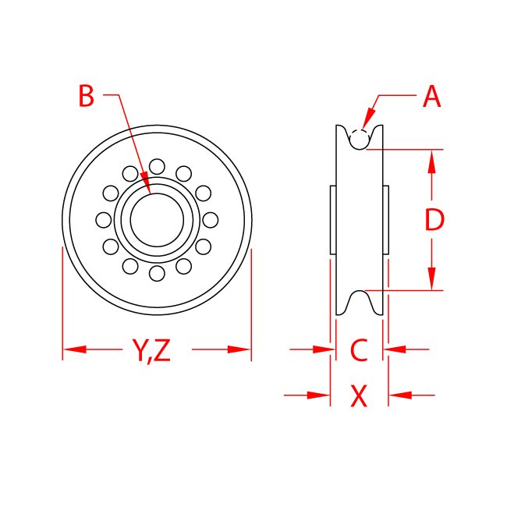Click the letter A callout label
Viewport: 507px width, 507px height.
coord(431,97)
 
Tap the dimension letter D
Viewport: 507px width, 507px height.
coord(434,221)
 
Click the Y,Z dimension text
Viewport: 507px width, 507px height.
coord(151,350)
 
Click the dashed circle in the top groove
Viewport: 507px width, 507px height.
coord(359,139)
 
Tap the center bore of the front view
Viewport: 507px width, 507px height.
coord(156,219)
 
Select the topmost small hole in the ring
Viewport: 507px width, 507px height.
coord(156,165)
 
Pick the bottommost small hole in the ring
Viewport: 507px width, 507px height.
coord(156,273)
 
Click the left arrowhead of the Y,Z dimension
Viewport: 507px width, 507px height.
coord(73,349)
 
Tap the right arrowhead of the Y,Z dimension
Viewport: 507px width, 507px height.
coord(240,349)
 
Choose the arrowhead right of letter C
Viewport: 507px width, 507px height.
coord(395,349)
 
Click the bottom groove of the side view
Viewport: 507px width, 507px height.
coord(359,300)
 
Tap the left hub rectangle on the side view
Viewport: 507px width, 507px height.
coord(333,220)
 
